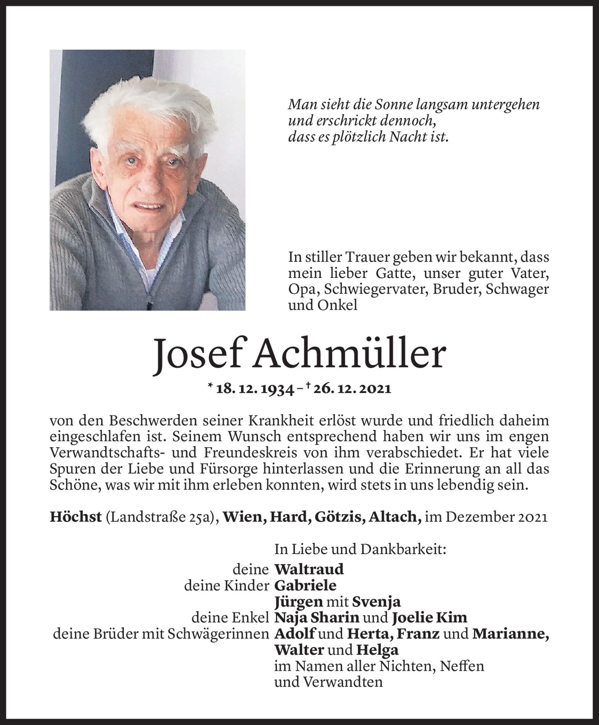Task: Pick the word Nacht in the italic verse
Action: point(405,137)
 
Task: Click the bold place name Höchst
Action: point(76,517)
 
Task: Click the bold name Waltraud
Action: point(309,569)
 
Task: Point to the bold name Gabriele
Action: point(305,586)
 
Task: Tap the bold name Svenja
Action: point(376,602)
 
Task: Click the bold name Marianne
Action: point(510,634)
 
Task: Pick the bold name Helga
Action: point(377,650)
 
